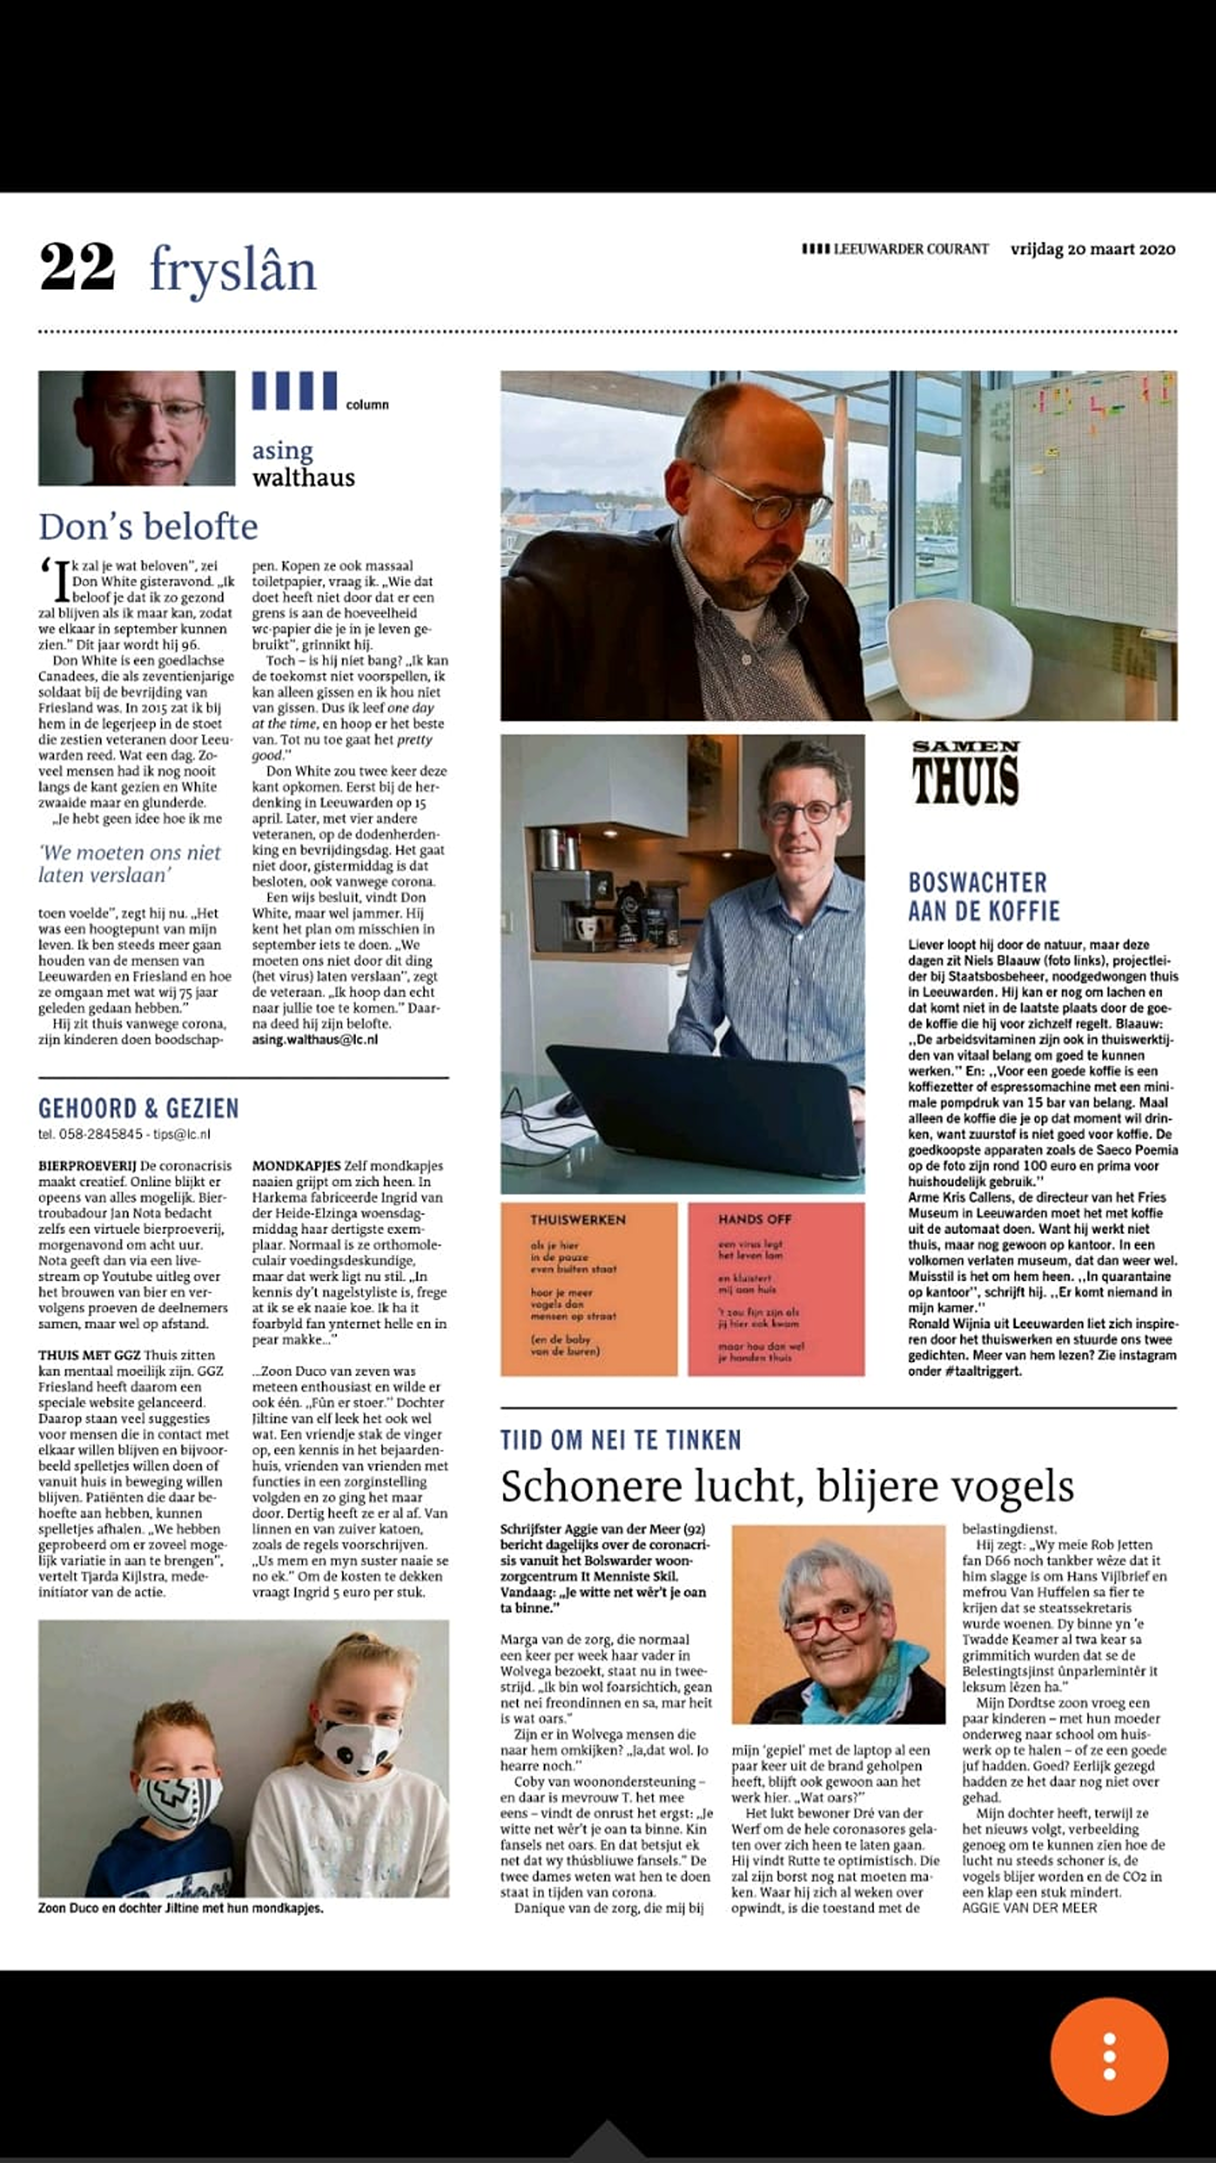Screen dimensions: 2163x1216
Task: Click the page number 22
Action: coord(77,267)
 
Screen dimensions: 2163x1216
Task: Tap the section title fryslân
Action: coord(233,271)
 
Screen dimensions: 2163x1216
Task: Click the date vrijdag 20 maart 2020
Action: coord(1092,249)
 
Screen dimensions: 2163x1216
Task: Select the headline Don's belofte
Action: coord(148,526)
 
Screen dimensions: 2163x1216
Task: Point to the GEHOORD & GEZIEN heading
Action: coord(138,1108)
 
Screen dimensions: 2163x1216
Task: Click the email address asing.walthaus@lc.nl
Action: coord(315,1039)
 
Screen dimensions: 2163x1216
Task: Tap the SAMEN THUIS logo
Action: coord(966,773)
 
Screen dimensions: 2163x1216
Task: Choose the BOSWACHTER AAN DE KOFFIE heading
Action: coord(983,897)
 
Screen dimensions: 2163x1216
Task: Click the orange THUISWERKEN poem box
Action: coord(589,1289)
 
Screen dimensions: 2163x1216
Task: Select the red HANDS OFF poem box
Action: coord(775,1289)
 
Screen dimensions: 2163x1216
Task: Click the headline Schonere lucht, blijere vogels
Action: coord(787,1486)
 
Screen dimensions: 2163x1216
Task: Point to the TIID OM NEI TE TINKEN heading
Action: coord(620,1440)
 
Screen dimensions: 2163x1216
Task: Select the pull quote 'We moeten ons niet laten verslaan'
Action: coord(129,863)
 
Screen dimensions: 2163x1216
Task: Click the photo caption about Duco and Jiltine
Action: coord(180,1908)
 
